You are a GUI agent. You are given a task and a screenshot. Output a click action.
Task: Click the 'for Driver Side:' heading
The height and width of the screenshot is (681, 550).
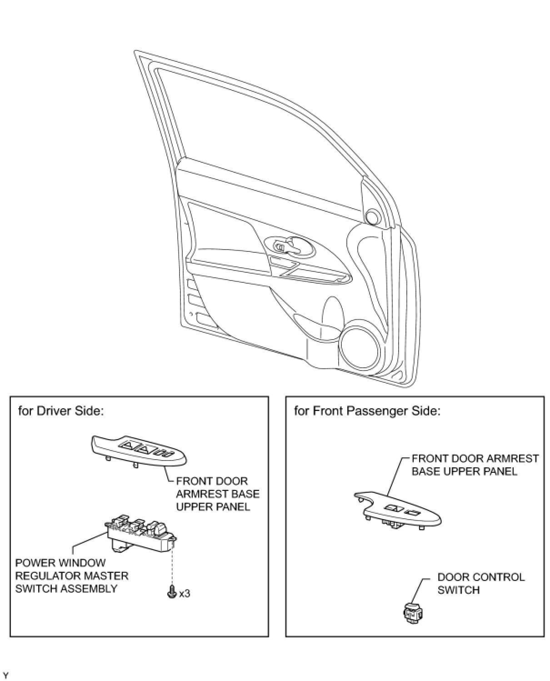(61, 411)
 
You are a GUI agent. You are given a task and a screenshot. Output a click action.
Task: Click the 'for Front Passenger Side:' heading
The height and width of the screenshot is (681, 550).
(367, 411)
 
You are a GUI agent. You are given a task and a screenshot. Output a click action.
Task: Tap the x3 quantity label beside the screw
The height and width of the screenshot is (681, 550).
(185, 594)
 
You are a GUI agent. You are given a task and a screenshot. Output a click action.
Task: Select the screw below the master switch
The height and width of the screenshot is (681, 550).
(172, 592)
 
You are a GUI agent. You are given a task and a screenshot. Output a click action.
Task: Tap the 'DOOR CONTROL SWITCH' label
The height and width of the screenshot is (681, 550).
(480, 583)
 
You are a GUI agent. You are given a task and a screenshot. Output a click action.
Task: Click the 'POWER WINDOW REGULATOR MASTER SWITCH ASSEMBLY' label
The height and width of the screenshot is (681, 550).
(72, 576)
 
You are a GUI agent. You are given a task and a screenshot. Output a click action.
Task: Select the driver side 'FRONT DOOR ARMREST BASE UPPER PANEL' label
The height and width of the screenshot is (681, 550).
(217, 494)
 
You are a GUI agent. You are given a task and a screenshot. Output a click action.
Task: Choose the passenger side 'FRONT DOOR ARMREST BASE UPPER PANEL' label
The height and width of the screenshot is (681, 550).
(475, 465)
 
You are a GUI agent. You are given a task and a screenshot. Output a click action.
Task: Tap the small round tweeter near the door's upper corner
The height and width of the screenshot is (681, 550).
(373, 217)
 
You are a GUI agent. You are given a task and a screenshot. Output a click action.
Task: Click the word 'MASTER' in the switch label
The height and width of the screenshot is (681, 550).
(109, 576)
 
